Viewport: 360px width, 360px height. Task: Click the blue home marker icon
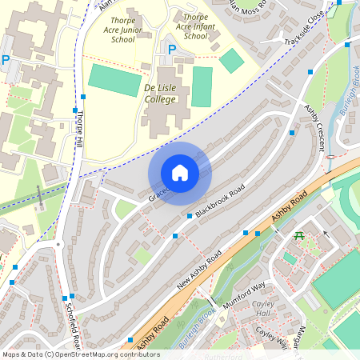point(180,172)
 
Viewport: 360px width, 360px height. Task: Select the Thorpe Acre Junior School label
point(134,30)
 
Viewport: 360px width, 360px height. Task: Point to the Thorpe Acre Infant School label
point(195,26)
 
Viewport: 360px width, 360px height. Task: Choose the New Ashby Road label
point(198,269)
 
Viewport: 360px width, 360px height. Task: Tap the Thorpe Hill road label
point(78,133)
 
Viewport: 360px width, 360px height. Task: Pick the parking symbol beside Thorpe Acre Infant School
point(171,50)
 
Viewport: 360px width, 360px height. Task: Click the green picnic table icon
point(298,236)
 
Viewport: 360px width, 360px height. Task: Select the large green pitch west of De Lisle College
point(114,80)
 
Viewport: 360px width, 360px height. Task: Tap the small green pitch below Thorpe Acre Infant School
point(231,61)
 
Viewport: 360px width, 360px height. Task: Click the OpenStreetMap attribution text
point(81,354)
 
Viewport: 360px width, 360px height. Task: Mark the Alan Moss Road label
point(248,8)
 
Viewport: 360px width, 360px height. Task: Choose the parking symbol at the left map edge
point(6,60)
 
